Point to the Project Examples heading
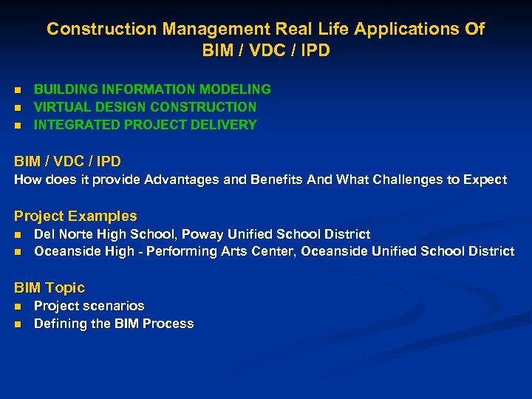point(75,216)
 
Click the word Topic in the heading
point(65,288)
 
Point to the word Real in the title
point(286,30)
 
